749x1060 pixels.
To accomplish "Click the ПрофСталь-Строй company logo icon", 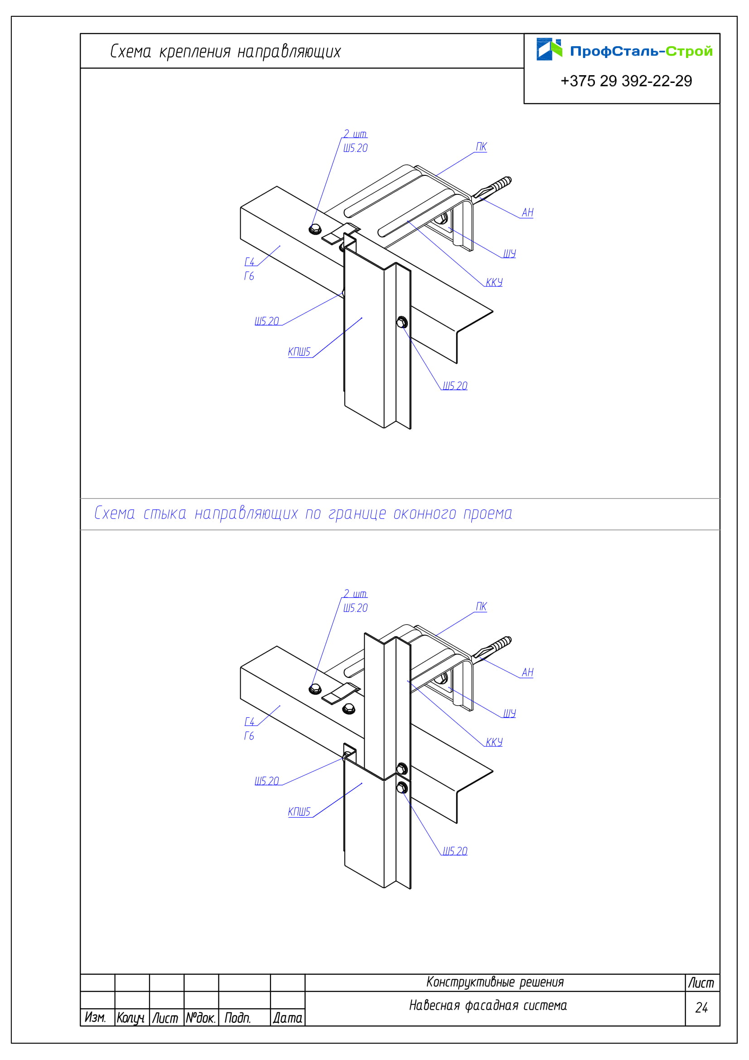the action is click(549, 49).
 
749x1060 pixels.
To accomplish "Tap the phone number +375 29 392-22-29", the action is click(626, 81).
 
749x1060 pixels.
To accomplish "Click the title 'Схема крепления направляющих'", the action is click(225, 52).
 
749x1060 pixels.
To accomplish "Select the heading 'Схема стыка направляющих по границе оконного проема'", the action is click(303, 513).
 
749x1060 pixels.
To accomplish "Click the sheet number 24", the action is click(701, 1007).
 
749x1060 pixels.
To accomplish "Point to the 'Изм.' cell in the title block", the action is click(96, 1017).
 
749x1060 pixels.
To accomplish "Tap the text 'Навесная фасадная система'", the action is click(488, 1005).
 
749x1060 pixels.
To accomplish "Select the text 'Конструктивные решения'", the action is click(495, 982).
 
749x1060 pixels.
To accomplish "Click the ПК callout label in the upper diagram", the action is click(481, 147).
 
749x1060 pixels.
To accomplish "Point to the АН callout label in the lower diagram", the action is click(527, 673).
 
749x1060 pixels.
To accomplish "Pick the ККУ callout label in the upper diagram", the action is click(494, 282).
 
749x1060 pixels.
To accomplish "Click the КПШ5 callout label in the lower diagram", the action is click(299, 812).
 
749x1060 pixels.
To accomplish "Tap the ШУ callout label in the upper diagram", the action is click(509, 253).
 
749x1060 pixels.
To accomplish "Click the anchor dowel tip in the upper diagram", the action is click(509, 179).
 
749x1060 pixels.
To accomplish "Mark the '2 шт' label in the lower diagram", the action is click(355, 594).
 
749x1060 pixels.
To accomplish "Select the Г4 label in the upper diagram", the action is click(249, 262).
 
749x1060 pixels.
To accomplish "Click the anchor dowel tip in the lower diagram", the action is click(509, 639).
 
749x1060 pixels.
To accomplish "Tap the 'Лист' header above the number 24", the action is click(701, 983).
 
